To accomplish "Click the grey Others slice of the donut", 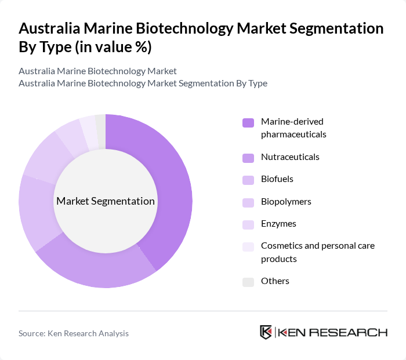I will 101,123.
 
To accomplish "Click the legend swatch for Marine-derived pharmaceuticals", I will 248,122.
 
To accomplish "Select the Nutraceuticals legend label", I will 290,157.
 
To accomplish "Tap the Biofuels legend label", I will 277,179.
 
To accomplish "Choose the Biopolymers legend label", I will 286,202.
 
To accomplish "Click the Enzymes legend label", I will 279,224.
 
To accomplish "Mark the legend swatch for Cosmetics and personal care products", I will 248,246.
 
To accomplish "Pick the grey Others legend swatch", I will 248,282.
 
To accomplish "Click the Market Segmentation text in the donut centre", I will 106,201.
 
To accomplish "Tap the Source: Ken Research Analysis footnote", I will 74,333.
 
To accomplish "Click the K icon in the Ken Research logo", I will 266,332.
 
